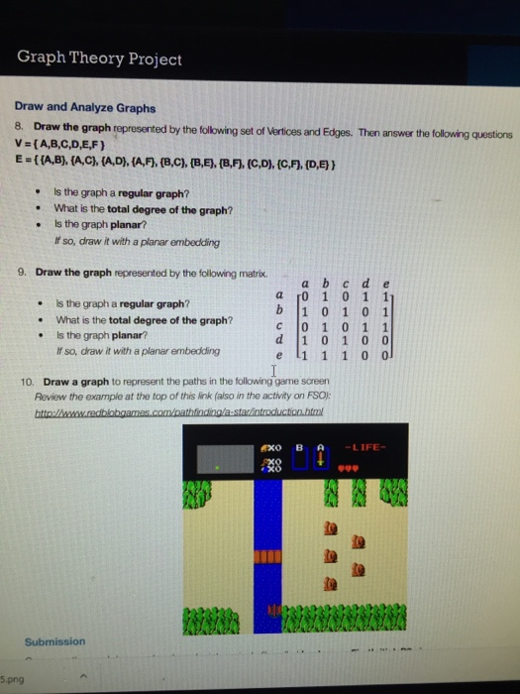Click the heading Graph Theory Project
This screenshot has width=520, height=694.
[99, 58]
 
